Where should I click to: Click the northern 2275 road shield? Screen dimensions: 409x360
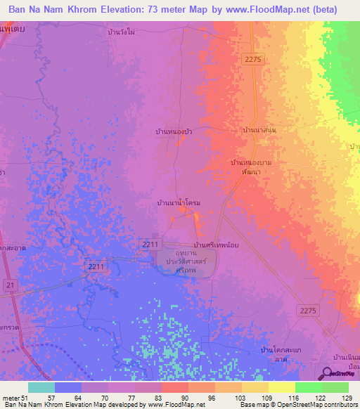pyautogui.click(x=253, y=60)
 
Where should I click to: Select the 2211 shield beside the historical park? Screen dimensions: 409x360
pyautogui.click(x=149, y=244)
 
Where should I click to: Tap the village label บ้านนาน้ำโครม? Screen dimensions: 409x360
pyautogui.click(x=179, y=202)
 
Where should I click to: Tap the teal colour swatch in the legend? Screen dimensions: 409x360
pyautogui.click(x=41, y=387)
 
